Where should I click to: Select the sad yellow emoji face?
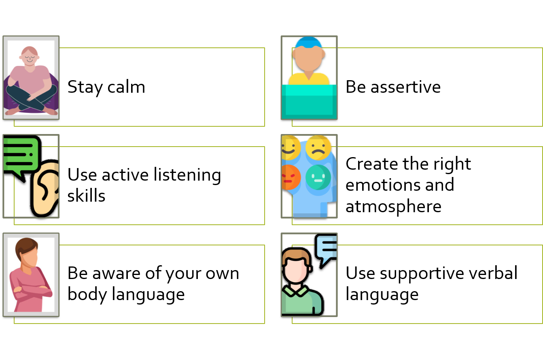tap(318, 147)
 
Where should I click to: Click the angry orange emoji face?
tap(291, 177)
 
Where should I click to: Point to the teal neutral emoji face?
tap(318, 177)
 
